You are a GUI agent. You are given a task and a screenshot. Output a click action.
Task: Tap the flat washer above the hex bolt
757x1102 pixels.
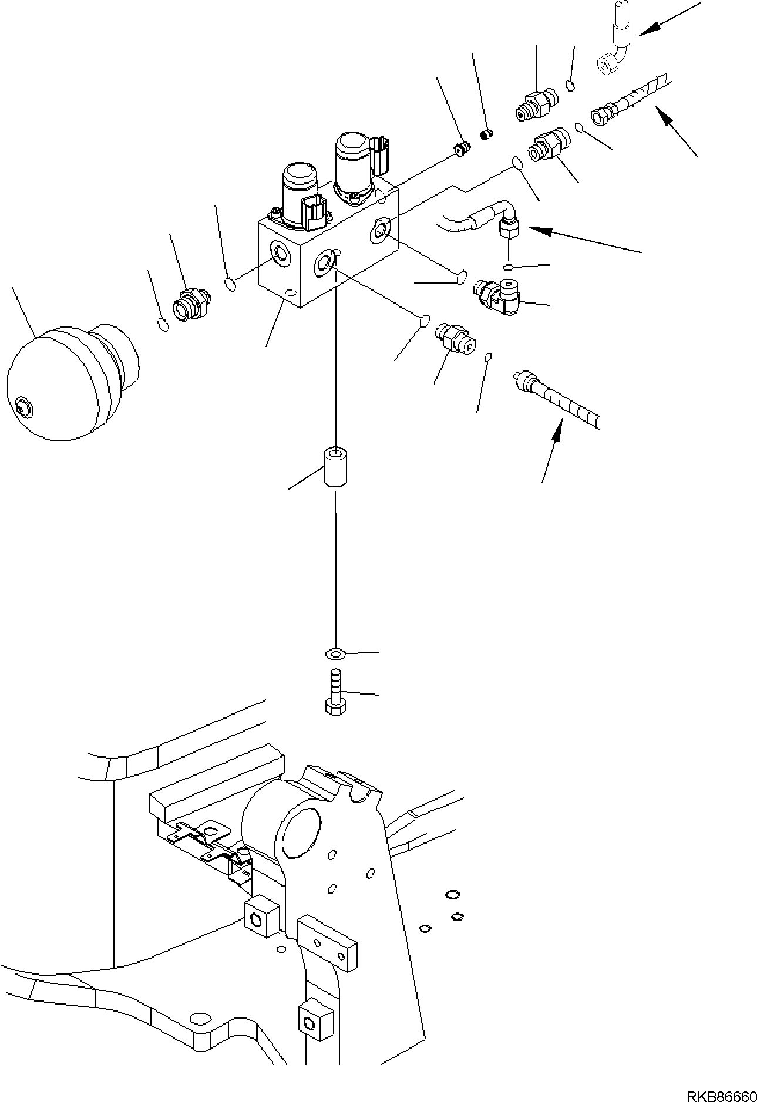coord(334,653)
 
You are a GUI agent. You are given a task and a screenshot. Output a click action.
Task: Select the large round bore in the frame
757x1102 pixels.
coord(301,834)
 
